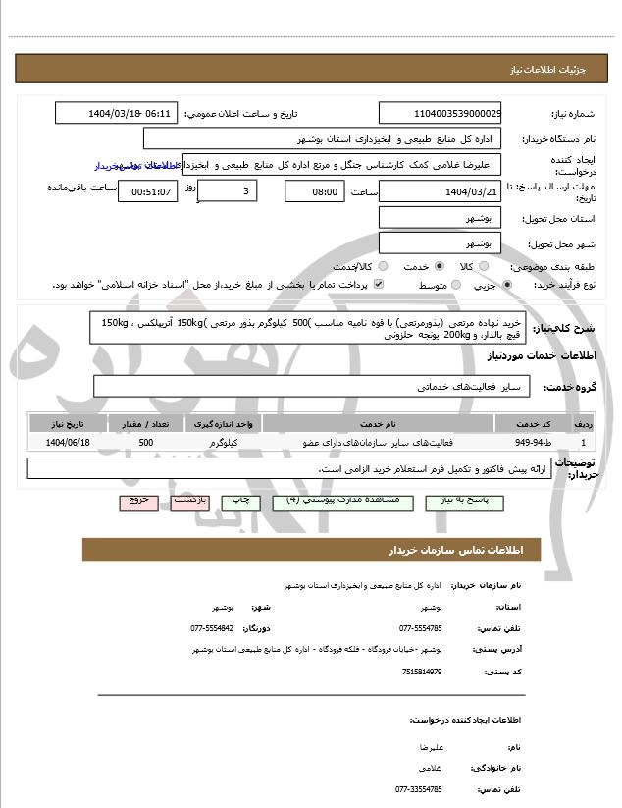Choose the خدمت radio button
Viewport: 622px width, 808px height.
click(439, 266)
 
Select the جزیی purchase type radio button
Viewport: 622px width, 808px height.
click(506, 285)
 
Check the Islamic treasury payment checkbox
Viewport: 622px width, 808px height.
click(379, 285)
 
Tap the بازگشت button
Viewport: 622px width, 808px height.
click(189, 502)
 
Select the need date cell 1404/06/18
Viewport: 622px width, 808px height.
click(67, 444)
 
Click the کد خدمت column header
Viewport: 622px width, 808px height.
click(539, 423)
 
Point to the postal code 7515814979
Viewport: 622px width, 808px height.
click(421, 672)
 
